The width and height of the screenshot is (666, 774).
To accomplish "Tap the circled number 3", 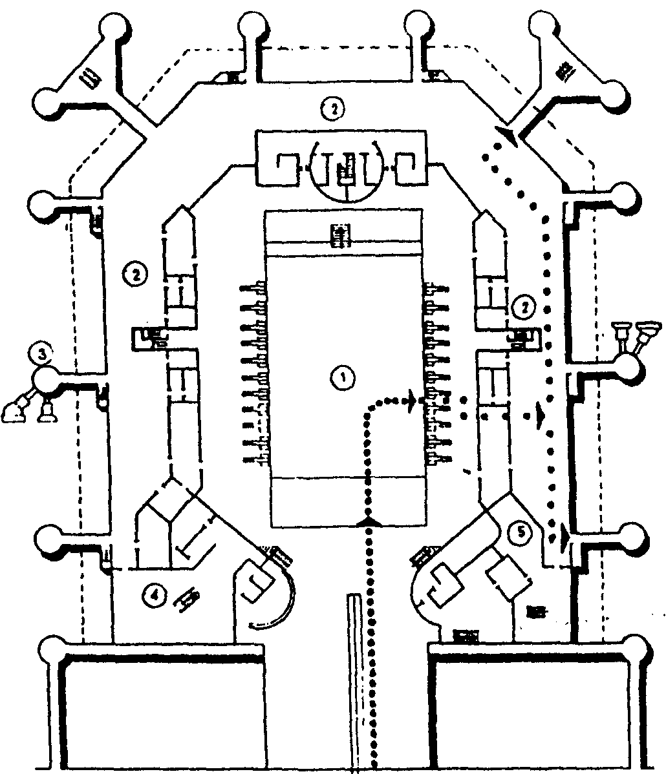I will click(41, 353).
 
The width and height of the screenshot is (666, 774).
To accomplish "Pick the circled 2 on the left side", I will click(134, 275).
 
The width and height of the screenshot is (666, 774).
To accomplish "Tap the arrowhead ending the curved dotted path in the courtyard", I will click(411, 401).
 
